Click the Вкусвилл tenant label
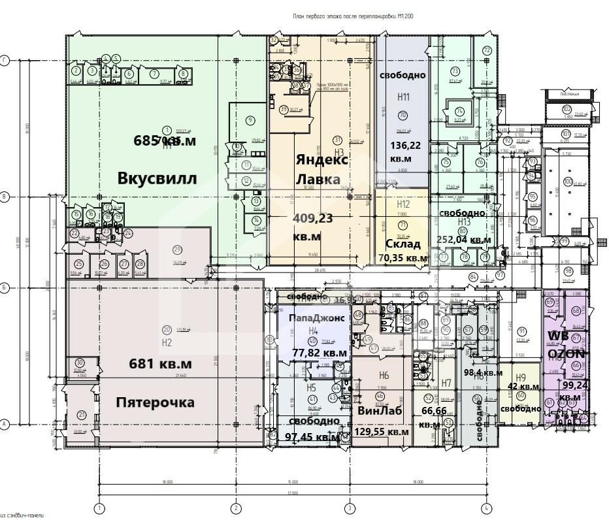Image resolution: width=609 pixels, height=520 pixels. click(157, 178)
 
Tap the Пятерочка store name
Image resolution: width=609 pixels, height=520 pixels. click(155, 402)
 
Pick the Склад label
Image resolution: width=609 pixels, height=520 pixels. click(402, 244)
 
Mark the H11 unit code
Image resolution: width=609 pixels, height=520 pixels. click(403, 97)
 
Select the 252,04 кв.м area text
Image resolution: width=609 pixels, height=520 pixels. click(464, 240)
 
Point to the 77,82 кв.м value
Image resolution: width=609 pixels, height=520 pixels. click(320, 353)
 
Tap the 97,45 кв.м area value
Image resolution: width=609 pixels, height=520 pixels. click(312, 436)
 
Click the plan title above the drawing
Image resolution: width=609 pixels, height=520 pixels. click(354, 16)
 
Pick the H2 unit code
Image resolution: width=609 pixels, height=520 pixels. click(166, 343)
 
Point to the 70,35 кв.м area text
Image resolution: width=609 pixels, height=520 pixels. click(403, 258)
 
